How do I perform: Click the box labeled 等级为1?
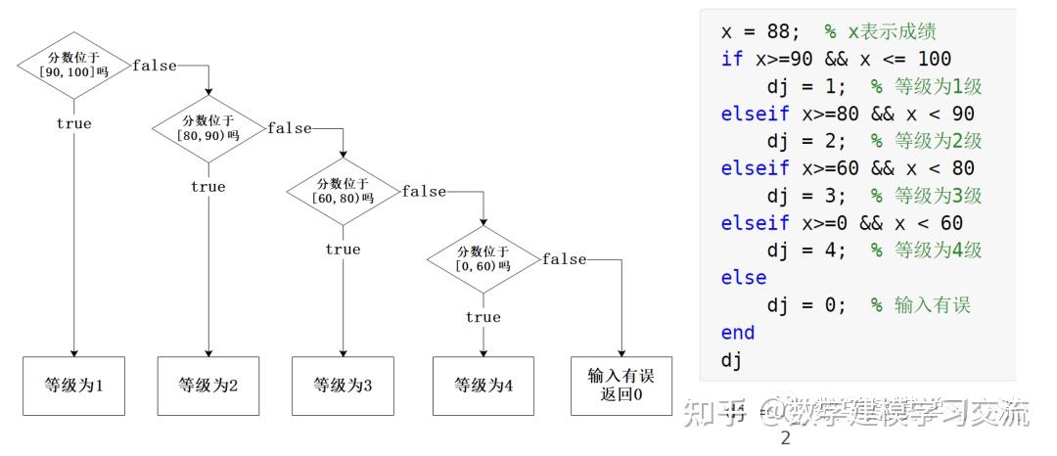(73, 386)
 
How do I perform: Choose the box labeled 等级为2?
(208, 386)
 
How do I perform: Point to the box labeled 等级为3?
(343, 386)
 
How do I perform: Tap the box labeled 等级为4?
(483, 386)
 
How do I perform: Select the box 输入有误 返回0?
(621, 386)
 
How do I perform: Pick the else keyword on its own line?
(744, 277)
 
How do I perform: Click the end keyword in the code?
(738, 333)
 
